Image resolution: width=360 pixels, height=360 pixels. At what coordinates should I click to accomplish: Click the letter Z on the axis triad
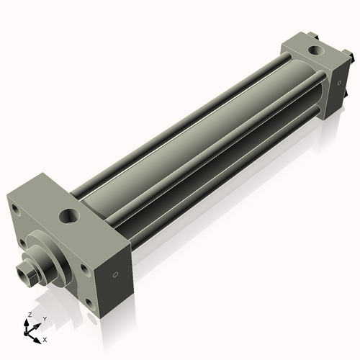pyautogui.click(x=30, y=315)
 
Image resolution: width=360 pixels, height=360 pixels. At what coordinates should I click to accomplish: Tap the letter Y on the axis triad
pyautogui.click(x=45, y=318)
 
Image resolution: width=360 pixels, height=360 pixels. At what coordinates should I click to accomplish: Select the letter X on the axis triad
pyautogui.click(x=45, y=338)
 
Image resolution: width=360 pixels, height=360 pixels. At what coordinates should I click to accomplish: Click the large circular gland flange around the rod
pyautogui.click(x=43, y=252)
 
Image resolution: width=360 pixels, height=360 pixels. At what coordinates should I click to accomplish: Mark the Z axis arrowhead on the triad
pyautogui.click(x=30, y=322)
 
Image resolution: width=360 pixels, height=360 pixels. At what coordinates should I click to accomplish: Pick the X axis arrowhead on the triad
pyautogui.click(x=39, y=336)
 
